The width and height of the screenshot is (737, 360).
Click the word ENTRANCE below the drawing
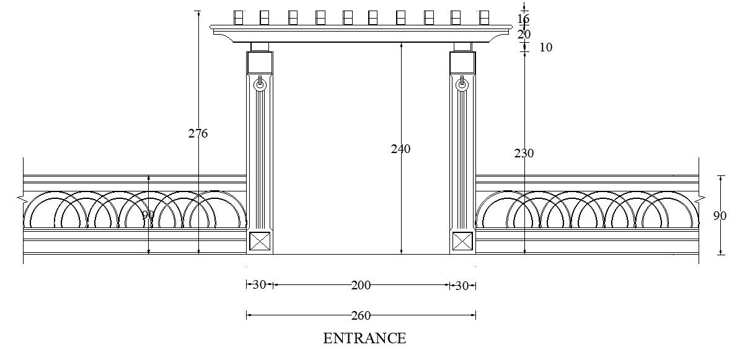(364, 338)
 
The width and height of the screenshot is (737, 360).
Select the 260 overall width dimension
(361, 315)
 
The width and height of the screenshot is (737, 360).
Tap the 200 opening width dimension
(361, 285)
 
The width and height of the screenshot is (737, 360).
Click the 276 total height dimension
(198, 133)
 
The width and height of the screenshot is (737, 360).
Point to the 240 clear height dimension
(400, 149)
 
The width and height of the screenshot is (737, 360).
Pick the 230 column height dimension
(524, 153)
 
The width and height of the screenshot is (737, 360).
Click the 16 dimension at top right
(524, 19)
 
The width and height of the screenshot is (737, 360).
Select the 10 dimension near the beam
(545, 47)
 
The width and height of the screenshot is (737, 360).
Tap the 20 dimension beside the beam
(524, 35)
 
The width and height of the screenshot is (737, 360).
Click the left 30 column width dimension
(259, 285)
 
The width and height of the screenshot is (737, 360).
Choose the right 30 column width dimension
(462, 285)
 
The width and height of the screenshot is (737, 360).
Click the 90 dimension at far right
(719, 216)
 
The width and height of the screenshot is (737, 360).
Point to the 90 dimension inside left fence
(148, 215)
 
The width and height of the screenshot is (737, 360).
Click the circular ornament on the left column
(260, 84)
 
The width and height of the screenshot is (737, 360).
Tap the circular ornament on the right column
(462, 85)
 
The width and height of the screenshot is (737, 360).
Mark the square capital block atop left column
(260, 62)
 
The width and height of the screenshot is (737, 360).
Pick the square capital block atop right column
(462, 62)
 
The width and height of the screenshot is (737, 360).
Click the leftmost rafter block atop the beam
(238, 17)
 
